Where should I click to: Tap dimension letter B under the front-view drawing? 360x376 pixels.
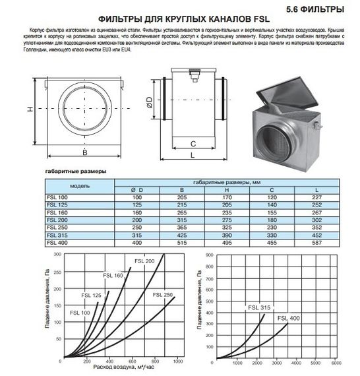[x=85, y=152]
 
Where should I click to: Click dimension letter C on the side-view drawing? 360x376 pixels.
[x=192, y=142]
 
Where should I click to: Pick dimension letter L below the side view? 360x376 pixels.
[x=192, y=156]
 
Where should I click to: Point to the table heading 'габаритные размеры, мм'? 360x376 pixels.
[x=223, y=181]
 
